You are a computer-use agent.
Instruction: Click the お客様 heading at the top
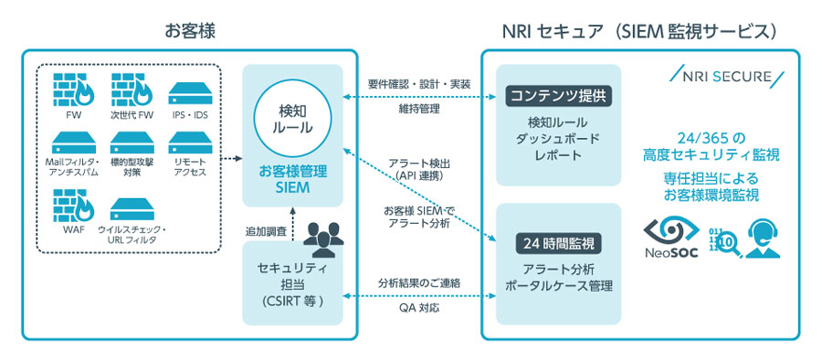click(189, 29)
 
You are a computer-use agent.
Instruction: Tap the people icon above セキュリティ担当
click(321, 238)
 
